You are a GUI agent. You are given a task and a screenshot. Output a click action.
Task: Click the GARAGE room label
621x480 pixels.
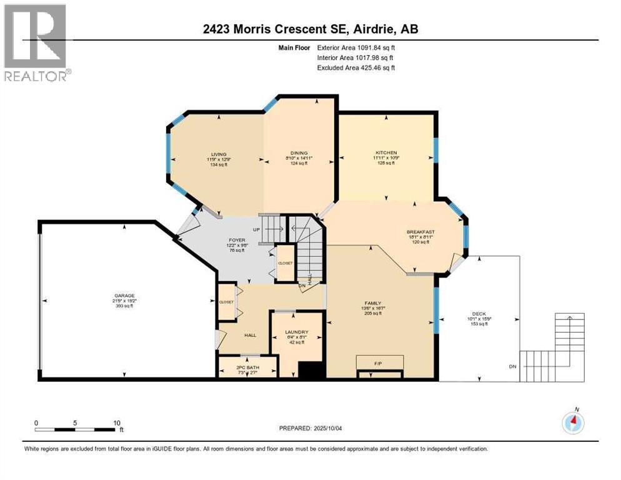tap(124, 296)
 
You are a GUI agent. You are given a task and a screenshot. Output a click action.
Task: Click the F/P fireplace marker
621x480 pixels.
tap(379, 362)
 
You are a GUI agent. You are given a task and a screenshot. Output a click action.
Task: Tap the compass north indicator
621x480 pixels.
tap(573, 423)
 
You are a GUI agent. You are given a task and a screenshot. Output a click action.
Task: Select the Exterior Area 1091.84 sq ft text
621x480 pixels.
tap(356, 47)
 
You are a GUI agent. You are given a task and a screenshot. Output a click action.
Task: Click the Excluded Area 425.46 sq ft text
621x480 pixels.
tap(356, 67)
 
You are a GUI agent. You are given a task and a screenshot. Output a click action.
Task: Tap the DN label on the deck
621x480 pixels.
tap(512, 366)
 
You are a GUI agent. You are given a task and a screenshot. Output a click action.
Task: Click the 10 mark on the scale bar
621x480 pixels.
tap(116, 423)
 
